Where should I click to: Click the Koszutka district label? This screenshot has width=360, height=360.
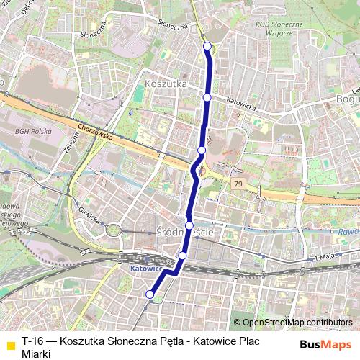166,84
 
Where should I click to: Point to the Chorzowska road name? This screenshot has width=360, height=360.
96,132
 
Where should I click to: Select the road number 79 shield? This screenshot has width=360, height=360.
237,185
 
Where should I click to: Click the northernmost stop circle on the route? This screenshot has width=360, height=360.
208,47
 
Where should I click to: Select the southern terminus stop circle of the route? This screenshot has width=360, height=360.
150,294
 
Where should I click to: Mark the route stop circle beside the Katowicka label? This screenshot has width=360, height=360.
207,97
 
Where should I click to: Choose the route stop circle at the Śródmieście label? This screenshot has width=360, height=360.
189,225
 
